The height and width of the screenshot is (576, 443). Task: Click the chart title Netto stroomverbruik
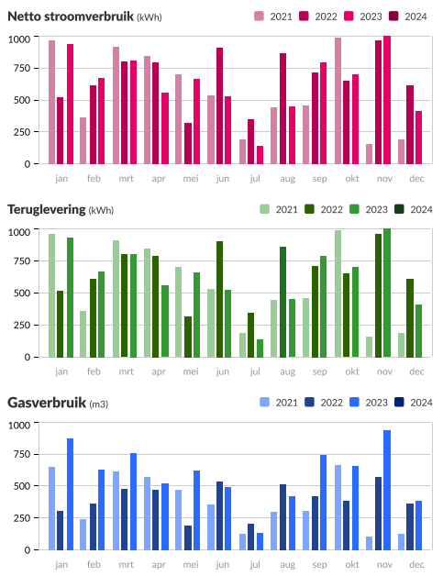point(70,16)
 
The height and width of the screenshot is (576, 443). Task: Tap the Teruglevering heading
point(46,209)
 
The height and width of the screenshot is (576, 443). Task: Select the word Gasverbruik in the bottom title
point(46,403)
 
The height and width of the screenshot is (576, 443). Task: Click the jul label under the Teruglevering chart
point(254,371)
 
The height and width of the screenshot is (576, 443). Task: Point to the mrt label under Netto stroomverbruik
point(126,179)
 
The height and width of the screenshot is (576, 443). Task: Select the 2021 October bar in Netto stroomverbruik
point(338,101)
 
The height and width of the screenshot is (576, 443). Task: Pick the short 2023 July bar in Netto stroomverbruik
point(260,154)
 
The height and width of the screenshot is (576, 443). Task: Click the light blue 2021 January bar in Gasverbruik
point(52,508)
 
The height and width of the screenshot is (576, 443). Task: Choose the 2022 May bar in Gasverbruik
point(188,537)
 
